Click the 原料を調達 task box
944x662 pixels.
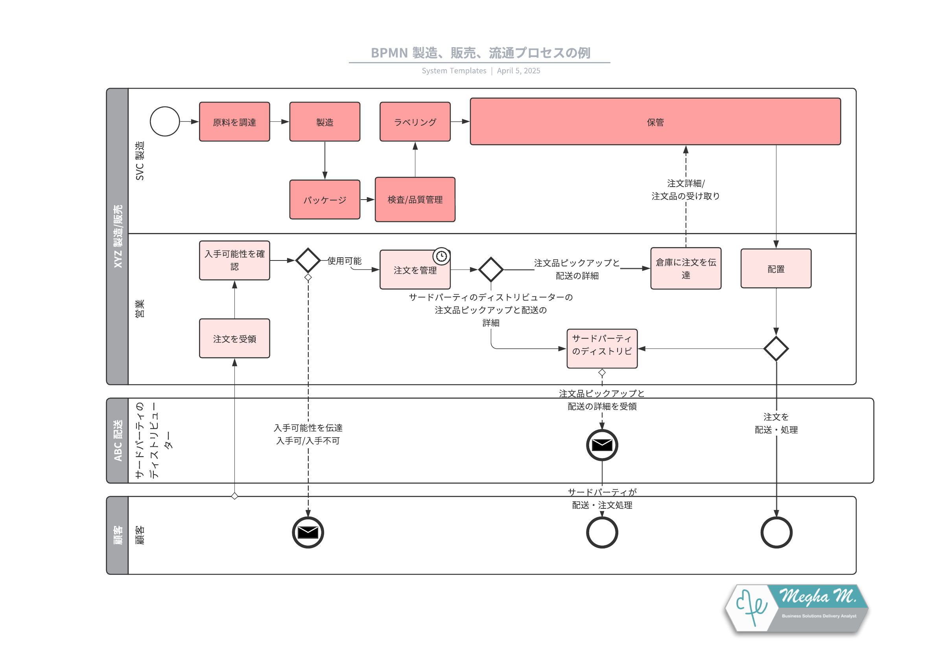click(234, 122)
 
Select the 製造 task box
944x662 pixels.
click(324, 122)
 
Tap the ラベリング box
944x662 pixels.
click(415, 122)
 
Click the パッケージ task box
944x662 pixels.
click(324, 200)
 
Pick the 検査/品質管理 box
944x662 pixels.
click(415, 200)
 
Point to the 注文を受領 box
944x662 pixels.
click(234, 338)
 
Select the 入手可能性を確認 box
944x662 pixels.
click(234, 260)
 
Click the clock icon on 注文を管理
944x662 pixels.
click(441, 256)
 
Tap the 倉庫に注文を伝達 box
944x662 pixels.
click(686, 268)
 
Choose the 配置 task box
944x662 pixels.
click(775, 269)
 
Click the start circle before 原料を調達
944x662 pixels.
click(165, 121)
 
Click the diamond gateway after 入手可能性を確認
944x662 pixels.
click(308, 260)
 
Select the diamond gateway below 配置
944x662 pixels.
click(776, 348)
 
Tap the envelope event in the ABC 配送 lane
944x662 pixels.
click(602, 445)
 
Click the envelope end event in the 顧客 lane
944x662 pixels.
click(308, 532)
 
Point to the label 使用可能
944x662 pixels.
click(345, 261)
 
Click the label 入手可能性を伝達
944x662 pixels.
click(308, 428)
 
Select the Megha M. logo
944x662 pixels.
click(796, 608)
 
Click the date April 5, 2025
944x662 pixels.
click(518, 71)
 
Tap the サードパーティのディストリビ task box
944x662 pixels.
click(602, 348)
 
